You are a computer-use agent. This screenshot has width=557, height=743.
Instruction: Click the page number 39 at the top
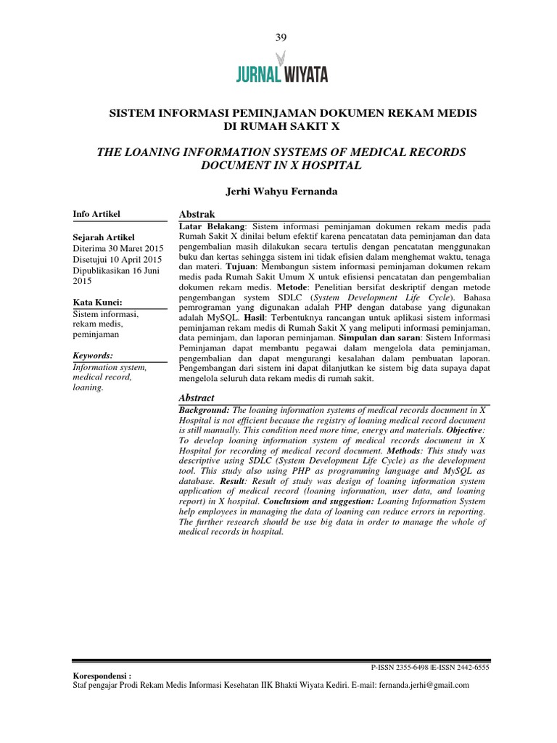coord(281,38)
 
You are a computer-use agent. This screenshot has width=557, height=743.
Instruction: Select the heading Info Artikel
coord(96,214)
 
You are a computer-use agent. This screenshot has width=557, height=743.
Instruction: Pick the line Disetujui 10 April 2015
coord(117,259)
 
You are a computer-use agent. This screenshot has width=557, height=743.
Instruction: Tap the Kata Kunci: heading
coord(98,302)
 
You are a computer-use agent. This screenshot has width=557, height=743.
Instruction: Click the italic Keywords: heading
coord(94,356)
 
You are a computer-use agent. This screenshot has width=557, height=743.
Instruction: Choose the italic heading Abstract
coord(197,398)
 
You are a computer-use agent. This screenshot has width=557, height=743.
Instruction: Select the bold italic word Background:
coord(205,411)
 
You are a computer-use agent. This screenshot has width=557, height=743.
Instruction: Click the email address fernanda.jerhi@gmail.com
coord(418,684)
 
